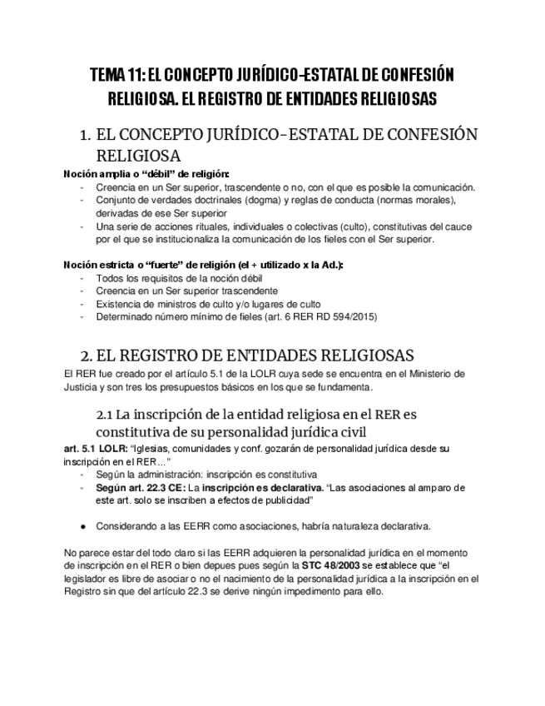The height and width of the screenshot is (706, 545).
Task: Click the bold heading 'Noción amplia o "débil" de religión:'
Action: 146,173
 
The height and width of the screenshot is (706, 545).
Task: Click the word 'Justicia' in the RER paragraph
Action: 82,389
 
